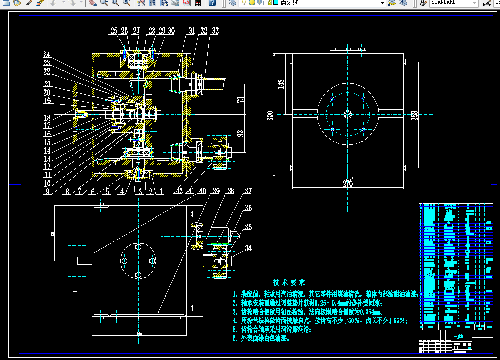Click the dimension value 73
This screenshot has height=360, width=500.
(241, 99)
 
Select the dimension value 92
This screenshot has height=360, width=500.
(241, 133)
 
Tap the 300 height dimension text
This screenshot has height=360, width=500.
(270, 115)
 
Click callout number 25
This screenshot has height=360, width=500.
(114, 31)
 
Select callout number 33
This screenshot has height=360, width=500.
(215, 31)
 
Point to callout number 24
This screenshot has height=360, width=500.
(47, 54)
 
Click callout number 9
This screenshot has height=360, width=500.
(47, 192)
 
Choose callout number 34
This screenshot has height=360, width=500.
(248, 248)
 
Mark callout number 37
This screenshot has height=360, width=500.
(248, 191)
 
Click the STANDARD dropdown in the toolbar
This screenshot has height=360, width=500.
(453, 3)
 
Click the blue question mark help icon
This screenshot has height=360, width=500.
(212, 3)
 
